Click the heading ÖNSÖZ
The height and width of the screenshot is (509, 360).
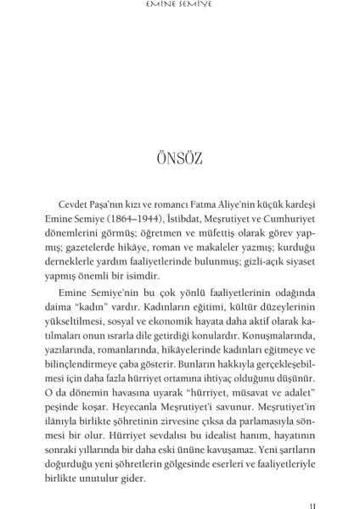(x=179, y=159)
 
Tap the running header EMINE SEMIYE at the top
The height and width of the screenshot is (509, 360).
(x=180, y=8)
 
